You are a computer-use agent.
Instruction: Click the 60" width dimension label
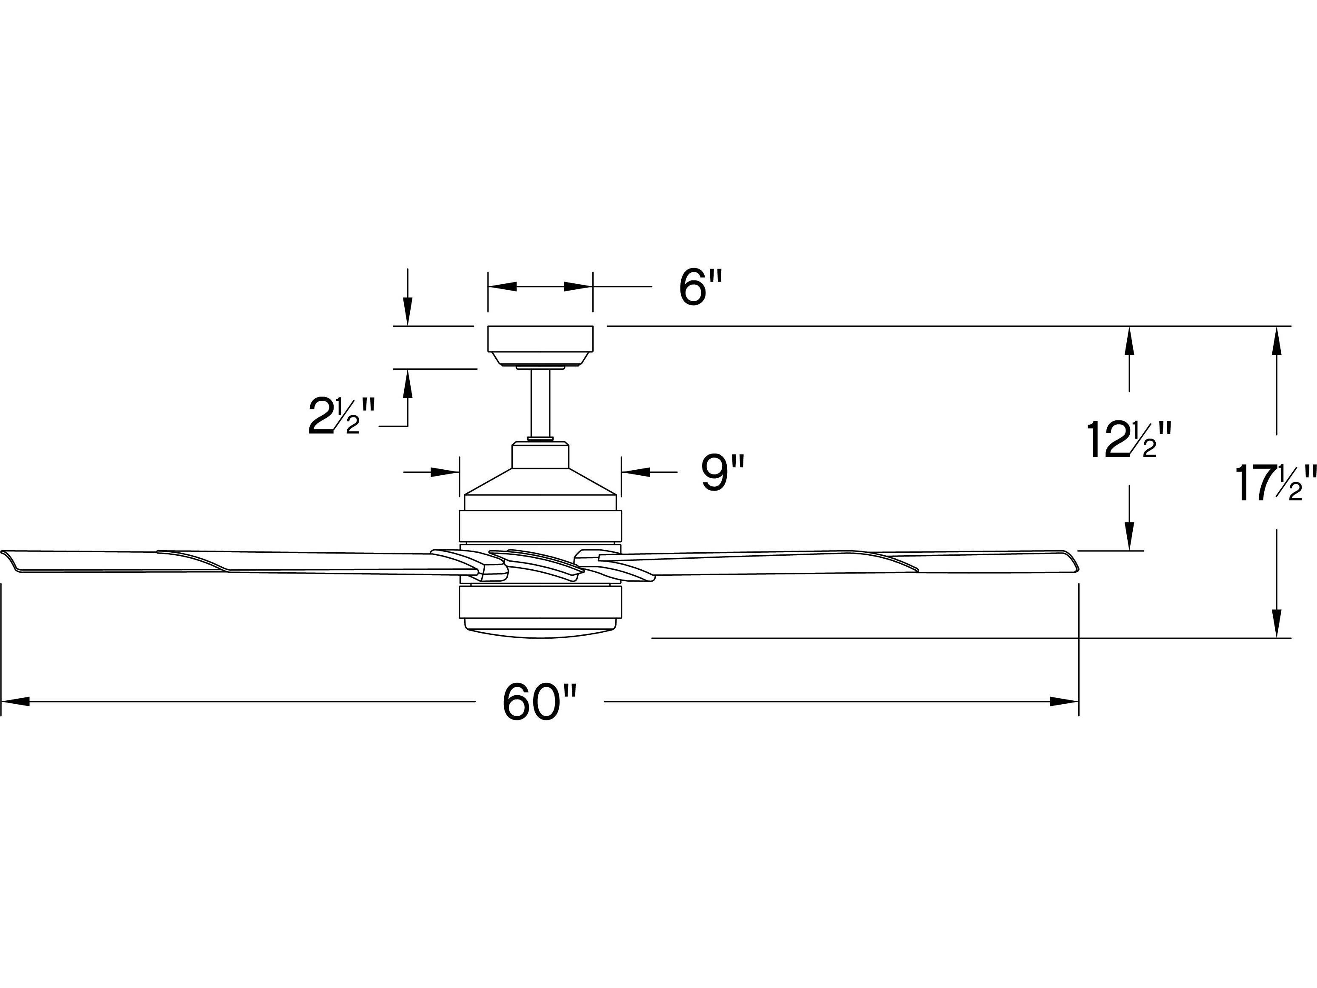(x=540, y=702)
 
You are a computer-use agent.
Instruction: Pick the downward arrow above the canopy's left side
(x=408, y=312)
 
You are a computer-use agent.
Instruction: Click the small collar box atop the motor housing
(x=540, y=455)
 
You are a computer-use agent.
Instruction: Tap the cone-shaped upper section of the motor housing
(x=540, y=482)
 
